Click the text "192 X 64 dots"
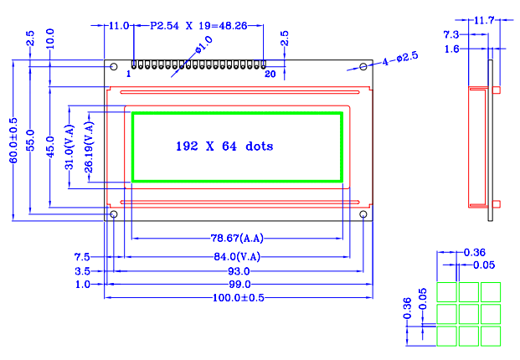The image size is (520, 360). point(224,146)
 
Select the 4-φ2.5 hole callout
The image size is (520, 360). point(400,59)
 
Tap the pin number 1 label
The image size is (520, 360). point(128,75)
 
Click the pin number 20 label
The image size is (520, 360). point(270,75)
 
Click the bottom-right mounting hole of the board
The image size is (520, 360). point(363,215)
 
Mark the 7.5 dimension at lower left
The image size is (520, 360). point(82,256)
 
